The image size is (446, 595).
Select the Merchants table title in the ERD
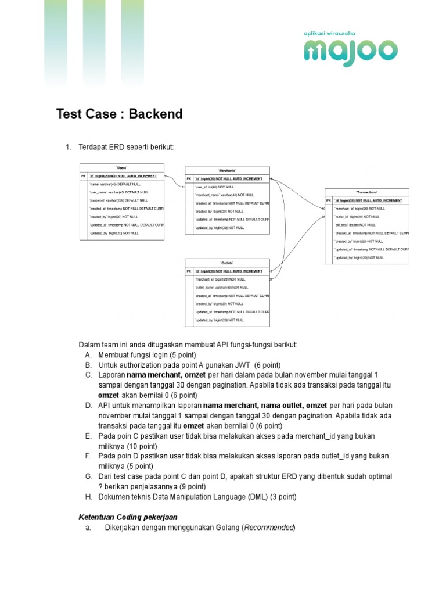point(227,170)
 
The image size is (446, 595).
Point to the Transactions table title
point(366,192)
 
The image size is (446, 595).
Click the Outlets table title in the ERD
point(227,263)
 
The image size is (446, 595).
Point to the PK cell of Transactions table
point(329,200)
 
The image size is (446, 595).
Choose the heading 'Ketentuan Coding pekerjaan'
point(128,517)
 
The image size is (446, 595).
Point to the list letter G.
point(88,476)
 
